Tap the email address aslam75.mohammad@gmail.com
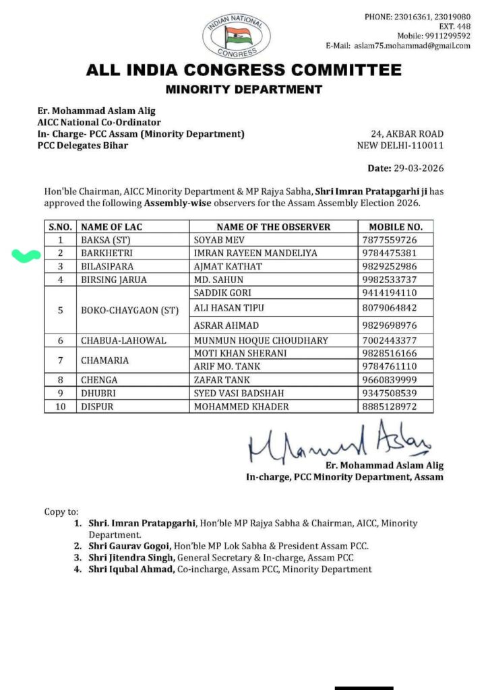pyautogui.click(x=410, y=46)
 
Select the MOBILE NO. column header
pyautogui.click(x=396, y=227)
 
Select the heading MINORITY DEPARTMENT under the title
pyautogui.click(x=243, y=89)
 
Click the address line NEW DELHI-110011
pyautogui.click(x=400, y=146)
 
